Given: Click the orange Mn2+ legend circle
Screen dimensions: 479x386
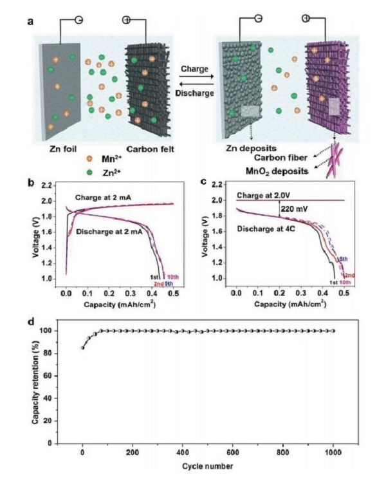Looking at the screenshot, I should (x=92, y=159).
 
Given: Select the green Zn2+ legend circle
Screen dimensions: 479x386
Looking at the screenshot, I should (x=92, y=172).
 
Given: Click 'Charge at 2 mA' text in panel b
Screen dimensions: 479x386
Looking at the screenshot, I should (x=109, y=197).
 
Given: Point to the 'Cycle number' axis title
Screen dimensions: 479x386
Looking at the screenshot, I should (x=207, y=465).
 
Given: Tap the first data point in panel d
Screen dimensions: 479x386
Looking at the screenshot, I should (x=82, y=348).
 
